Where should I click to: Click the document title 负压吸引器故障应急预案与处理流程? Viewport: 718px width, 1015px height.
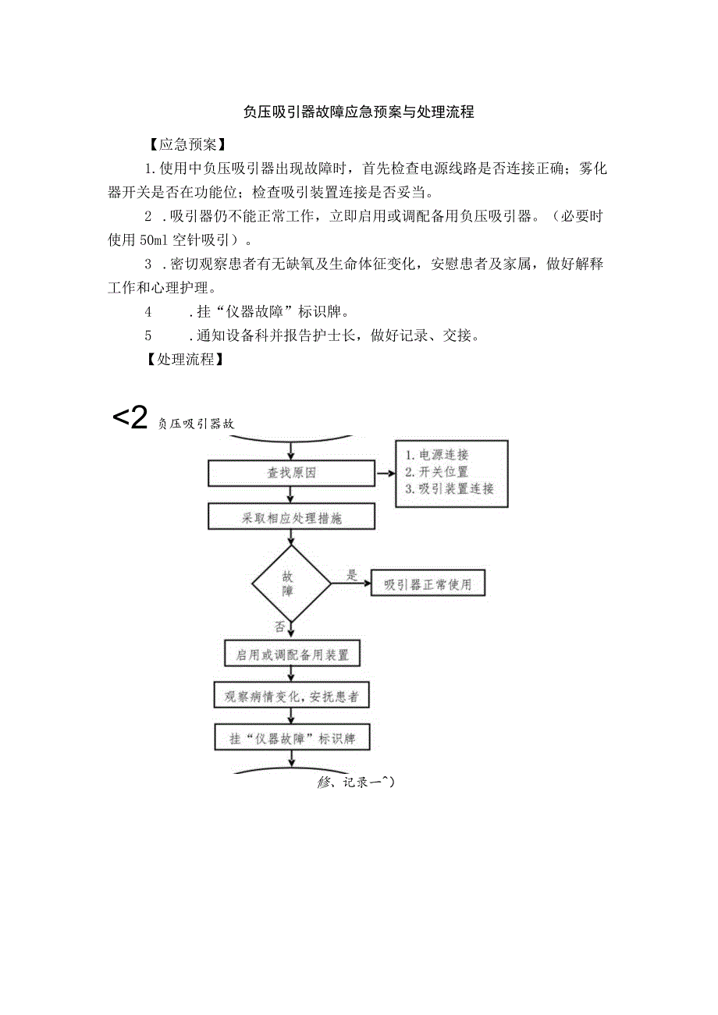click(x=358, y=112)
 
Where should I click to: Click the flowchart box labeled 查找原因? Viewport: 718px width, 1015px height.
click(x=291, y=473)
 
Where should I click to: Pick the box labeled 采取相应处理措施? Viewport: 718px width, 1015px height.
click(x=291, y=518)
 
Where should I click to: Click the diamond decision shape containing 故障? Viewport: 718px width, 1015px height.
click(x=290, y=584)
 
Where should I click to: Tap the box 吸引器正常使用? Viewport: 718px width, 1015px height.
click(x=428, y=584)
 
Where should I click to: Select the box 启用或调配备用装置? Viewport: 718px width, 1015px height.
click(x=291, y=654)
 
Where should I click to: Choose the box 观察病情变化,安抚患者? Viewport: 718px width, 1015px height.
click(x=291, y=697)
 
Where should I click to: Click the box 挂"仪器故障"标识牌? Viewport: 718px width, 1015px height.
click(x=291, y=739)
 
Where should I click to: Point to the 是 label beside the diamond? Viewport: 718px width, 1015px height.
click(x=351, y=575)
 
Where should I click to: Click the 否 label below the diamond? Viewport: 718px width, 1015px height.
click(x=279, y=626)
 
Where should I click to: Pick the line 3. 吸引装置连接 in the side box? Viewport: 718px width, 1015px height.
click(x=450, y=489)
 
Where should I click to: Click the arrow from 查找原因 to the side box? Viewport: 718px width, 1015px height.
click(x=385, y=473)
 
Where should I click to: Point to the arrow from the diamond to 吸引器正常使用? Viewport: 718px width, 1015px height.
click(x=353, y=584)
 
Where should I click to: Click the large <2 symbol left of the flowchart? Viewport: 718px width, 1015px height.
click(x=130, y=419)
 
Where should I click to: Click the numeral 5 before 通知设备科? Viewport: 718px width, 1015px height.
click(x=148, y=335)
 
